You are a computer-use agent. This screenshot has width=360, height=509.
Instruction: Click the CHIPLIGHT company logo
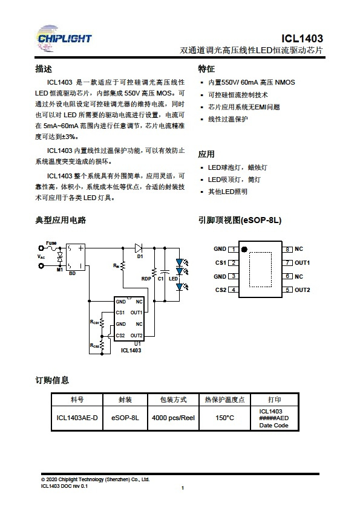pos(64,38)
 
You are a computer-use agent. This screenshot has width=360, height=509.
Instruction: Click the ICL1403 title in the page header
pos(302,39)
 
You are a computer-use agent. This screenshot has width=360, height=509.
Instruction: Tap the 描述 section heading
pos(44,69)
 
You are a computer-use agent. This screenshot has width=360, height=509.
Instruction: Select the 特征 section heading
pos(206,69)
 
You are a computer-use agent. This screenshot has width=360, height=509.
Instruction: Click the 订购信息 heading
pos(52,380)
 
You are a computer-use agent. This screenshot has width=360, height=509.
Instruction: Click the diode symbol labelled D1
pos(139,248)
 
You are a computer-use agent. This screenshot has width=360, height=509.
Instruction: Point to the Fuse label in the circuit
pos(51,243)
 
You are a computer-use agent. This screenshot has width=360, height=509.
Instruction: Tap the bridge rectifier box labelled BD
pos(76,257)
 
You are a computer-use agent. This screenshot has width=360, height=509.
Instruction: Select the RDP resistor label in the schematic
pos(146,279)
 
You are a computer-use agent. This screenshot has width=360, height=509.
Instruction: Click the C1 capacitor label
pos(161,279)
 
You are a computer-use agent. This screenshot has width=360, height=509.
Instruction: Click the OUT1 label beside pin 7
pos(302,262)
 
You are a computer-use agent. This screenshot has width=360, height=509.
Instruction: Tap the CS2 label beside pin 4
pos(221,290)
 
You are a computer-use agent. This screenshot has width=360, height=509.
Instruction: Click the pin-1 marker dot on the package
pos(244,249)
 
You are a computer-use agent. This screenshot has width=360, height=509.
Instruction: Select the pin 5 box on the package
pos(287,290)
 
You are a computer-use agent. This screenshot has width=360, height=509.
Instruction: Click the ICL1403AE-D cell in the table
pos(77,418)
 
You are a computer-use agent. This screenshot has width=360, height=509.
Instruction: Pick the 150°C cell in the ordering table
pos(224,418)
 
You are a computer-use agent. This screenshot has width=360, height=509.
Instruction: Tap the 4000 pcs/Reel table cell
pos(173,418)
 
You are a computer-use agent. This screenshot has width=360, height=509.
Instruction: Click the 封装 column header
pos(125,400)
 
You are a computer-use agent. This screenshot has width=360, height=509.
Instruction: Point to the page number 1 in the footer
pos(183,488)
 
